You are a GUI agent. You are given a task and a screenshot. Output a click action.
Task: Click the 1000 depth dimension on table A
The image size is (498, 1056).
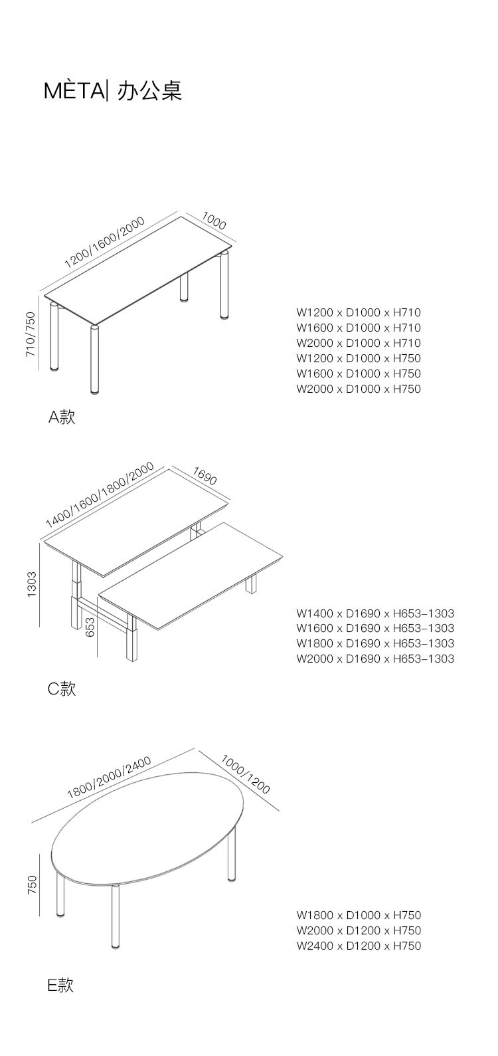(x=214, y=220)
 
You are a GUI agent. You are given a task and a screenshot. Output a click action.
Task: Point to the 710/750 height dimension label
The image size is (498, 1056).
(x=31, y=334)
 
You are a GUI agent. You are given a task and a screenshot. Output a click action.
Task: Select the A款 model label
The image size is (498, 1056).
(x=62, y=417)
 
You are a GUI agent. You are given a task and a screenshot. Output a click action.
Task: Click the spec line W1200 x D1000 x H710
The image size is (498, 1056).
(x=359, y=312)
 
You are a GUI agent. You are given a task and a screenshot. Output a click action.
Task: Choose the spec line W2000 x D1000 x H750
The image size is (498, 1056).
(x=359, y=389)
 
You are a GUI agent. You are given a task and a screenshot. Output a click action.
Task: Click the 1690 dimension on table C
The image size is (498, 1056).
(x=205, y=475)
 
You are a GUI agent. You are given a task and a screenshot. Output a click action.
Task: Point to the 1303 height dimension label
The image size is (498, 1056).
(x=32, y=585)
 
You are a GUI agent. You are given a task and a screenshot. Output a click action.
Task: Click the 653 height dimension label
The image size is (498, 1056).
(x=90, y=626)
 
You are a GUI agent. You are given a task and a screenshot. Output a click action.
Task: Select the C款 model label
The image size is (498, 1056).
(x=62, y=689)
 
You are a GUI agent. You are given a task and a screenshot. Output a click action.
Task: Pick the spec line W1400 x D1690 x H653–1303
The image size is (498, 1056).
(x=375, y=613)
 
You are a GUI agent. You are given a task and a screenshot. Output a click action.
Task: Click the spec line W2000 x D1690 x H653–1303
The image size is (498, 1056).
(x=375, y=659)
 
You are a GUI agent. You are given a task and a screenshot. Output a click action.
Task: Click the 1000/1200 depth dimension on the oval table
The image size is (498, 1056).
(x=245, y=774)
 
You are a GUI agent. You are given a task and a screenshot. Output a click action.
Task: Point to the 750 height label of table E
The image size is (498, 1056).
(x=32, y=885)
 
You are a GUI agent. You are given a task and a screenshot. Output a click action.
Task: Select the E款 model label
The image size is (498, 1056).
(x=60, y=986)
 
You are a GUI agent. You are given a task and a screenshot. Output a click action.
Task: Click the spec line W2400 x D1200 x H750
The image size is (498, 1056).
(x=359, y=946)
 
